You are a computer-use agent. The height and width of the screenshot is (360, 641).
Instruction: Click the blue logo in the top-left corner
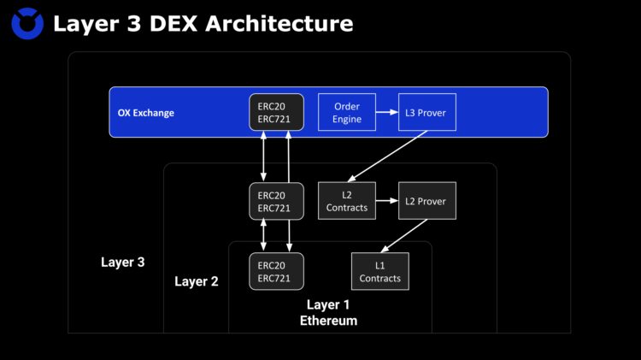click(x=27, y=23)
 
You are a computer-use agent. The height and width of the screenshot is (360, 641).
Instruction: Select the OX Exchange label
click(x=146, y=113)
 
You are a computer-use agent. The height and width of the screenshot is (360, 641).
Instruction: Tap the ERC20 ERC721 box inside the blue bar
click(x=276, y=112)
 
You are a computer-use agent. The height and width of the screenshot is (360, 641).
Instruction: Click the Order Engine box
click(x=346, y=113)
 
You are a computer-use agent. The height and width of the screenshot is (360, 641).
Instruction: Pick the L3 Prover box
click(x=426, y=113)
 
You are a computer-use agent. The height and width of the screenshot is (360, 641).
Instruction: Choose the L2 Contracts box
click(x=346, y=201)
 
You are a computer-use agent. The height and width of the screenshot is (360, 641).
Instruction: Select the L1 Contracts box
click(x=379, y=272)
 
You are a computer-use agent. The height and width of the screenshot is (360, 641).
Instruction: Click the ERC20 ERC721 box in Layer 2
click(x=276, y=201)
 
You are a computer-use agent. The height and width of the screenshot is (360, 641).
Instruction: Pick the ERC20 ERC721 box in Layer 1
click(x=276, y=272)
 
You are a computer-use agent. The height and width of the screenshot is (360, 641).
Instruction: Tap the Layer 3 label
click(x=123, y=262)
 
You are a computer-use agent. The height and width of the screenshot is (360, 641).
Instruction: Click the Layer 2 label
click(x=197, y=281)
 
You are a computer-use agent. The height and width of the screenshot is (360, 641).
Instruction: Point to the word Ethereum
click(x=328, y=321)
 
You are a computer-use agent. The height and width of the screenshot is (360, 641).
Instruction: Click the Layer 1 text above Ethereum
click(x=328, y=304)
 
